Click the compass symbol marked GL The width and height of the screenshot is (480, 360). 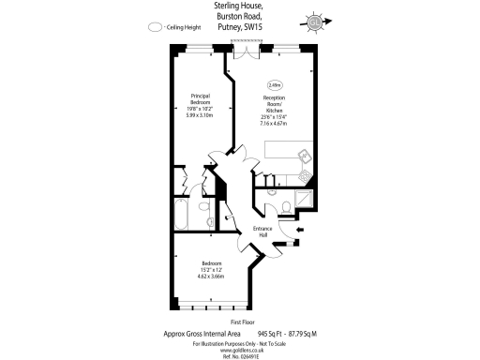315,22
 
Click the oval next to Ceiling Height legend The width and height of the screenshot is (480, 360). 155,28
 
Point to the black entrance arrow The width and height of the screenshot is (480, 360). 299,230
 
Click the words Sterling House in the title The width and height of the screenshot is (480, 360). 239,8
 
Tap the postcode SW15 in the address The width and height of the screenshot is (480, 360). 254,29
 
